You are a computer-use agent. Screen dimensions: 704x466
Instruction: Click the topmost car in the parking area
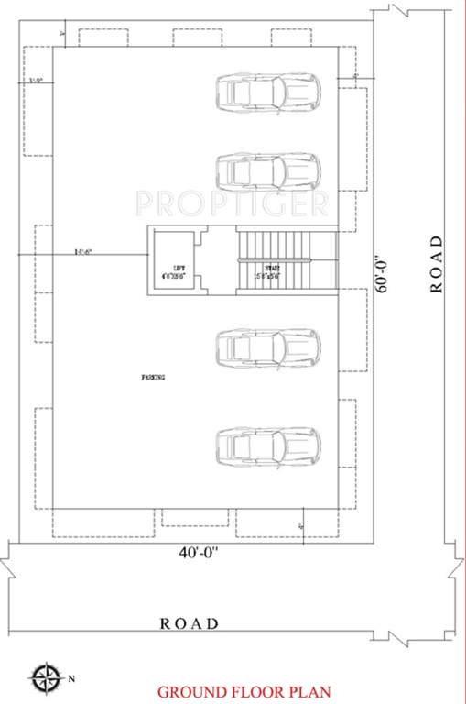click(x=268, y=91)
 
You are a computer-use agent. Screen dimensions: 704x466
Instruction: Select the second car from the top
click(x=268, y=170)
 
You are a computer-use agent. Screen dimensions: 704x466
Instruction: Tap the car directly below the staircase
click(x=268, y=347)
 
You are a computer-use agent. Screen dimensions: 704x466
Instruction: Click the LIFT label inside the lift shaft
click(x=173, y=266)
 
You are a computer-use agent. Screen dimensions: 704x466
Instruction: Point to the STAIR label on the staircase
click(x=273, y=266)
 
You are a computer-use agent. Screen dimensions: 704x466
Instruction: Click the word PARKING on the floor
click(x=153, y=377)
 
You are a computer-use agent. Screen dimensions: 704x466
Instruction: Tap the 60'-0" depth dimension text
click(x=385, y=274)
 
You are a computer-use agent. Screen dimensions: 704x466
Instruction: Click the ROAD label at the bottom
click(x=190, y=623)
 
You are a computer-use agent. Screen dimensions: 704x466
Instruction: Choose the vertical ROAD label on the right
click(x=437, y=263)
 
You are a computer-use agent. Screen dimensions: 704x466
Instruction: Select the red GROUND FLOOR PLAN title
click(x=244, y=691)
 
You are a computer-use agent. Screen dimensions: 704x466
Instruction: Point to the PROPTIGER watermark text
click(x=232, y=201)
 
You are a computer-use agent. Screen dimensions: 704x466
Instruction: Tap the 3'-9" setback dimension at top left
click(x=37, y=81)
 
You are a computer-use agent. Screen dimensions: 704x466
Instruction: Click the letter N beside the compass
click(x=70, y=679)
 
